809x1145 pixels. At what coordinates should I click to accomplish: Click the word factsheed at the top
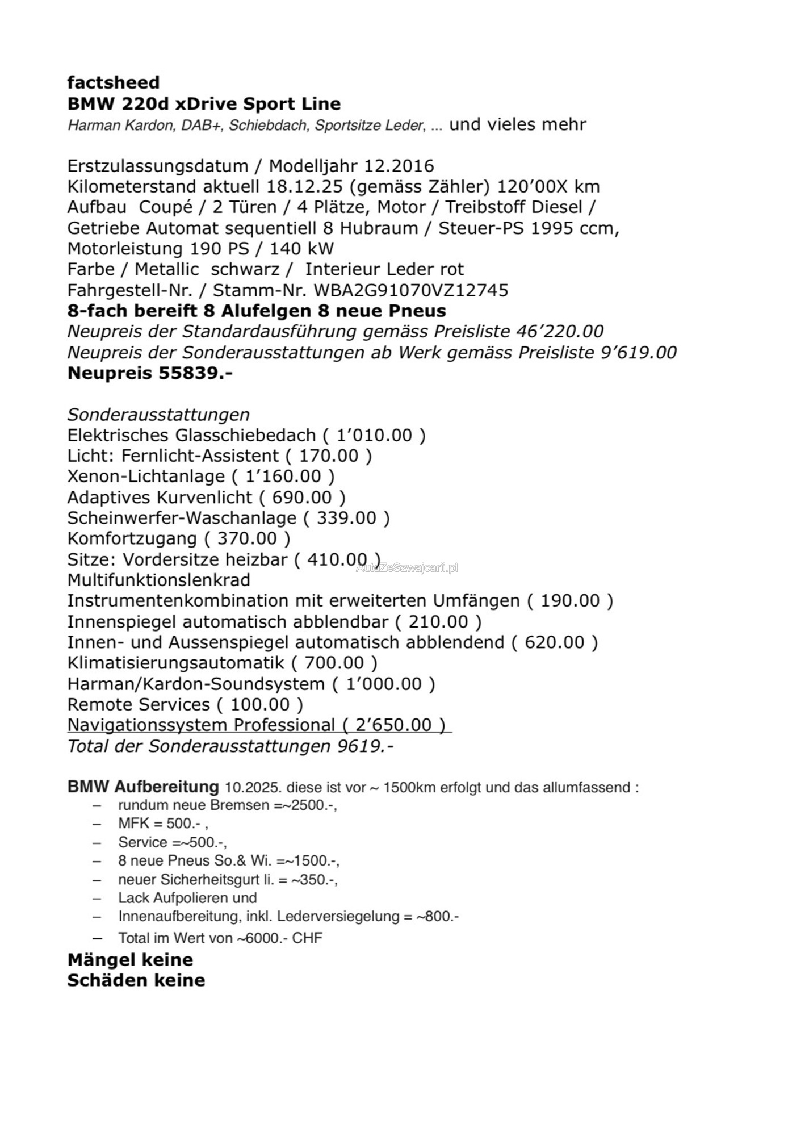point(113,83)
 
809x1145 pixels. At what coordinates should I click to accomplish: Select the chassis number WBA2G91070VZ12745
point(411,291)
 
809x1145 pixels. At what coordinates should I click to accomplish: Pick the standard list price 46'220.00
point(560,332)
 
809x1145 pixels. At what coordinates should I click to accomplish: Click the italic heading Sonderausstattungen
point(158,415)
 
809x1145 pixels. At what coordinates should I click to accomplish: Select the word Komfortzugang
point(132,539)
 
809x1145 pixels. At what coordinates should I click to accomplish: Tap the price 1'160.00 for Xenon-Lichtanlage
point(283,477)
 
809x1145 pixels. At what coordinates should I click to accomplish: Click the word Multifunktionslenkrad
point(158,580)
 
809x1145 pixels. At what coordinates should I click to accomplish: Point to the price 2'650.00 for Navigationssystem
point(393,725)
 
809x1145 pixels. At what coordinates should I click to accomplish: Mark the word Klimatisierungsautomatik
point(175,663)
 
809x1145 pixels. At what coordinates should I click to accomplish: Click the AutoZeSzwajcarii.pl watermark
point(406,567)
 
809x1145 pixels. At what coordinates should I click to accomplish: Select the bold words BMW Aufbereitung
point(142,787)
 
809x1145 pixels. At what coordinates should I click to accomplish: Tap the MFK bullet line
point(162,824)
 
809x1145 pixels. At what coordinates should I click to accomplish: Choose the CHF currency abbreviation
point(307,938)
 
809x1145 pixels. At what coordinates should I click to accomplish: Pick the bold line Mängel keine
point(130,960)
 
